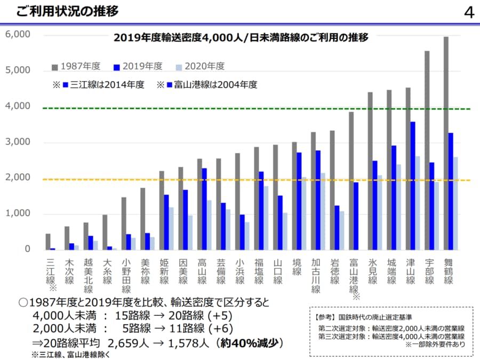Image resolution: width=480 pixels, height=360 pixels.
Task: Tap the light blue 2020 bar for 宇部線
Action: (x=437, y=216)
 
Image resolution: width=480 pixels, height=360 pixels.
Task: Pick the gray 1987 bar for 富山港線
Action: (x=351, y=181)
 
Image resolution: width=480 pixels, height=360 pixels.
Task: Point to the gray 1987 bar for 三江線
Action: (x=48, y=242)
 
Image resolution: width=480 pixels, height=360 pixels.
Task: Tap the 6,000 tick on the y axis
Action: (x=18, y=35)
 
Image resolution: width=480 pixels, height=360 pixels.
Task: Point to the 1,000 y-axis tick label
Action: (x=18, y=214)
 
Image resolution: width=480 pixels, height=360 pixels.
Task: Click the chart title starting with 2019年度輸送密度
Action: (x=241, y=38)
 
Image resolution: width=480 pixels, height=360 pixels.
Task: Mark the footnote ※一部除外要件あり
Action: (x=434, y=345)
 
